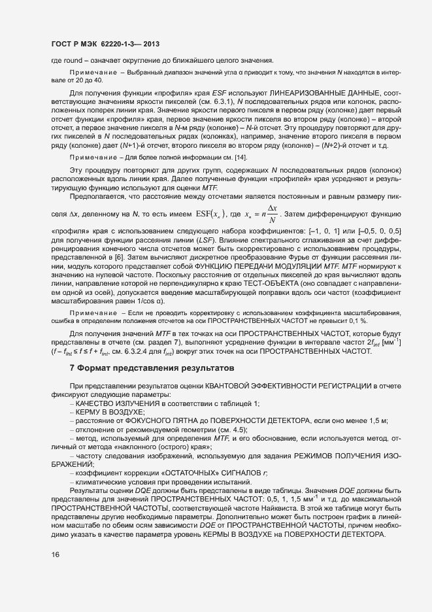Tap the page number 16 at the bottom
tap(55, 555)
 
